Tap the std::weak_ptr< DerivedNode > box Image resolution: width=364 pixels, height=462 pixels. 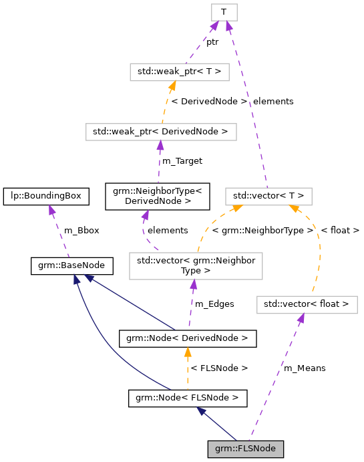161,132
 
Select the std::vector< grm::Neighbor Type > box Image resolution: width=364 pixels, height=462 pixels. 195,265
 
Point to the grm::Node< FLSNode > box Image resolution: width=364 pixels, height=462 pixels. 188,399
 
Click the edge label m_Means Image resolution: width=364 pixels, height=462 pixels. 305,368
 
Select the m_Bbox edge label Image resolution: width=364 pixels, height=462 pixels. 81,231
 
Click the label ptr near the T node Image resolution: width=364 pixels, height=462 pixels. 212,41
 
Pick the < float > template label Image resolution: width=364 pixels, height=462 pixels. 340,231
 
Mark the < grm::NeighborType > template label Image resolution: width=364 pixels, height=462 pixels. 262,231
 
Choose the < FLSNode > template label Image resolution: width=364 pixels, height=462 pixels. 219,368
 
